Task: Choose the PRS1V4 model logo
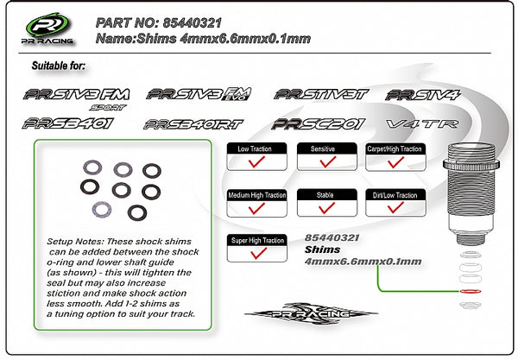tap(422, 95)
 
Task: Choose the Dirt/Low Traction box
tap(395, 204)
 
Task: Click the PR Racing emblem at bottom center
tap(311, 313)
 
